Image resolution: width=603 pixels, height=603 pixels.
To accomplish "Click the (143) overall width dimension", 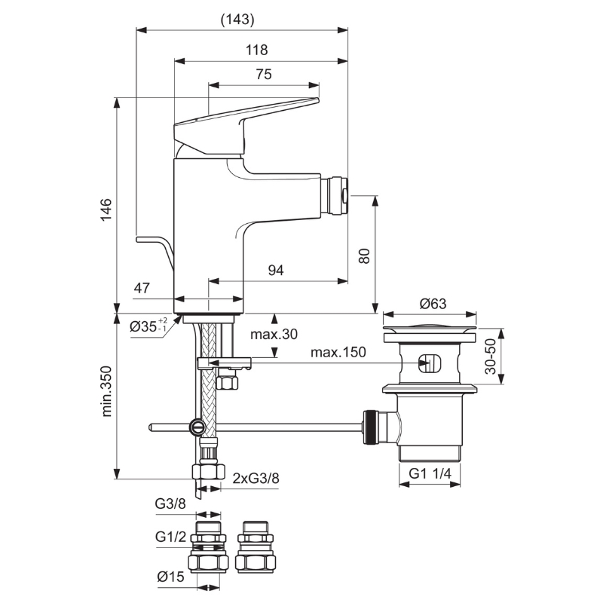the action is point(237,20).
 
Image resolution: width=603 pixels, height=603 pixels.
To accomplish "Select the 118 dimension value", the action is point(257,50).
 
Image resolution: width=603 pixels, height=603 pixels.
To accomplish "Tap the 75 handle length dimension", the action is point(264,74).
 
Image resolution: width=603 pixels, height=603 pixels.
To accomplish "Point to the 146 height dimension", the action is point(106,210).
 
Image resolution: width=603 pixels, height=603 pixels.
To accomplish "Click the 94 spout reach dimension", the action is point(276,271).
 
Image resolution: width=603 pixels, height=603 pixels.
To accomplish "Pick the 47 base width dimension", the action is point(142,288).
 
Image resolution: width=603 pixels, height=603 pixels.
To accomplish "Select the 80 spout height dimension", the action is point(364,256).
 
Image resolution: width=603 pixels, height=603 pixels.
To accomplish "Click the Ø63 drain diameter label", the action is point(433,304).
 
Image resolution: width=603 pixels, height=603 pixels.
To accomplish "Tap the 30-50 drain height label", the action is point(491,357).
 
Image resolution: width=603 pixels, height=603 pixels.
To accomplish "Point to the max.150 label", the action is point(338,352).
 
